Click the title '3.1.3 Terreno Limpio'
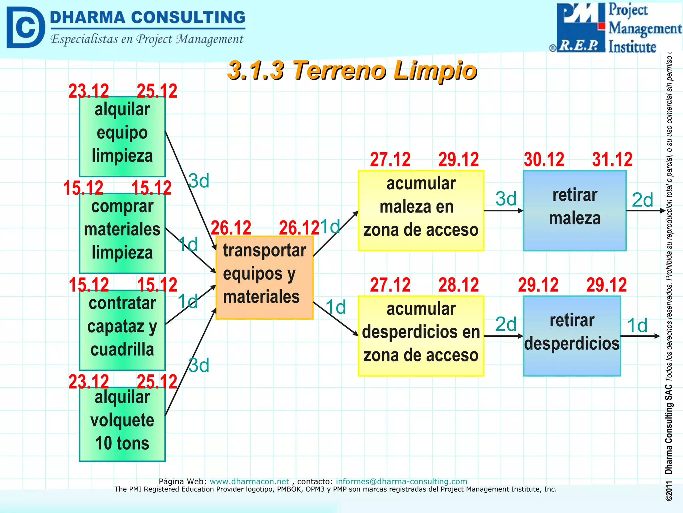352,70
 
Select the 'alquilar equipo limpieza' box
122,136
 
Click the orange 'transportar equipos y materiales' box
264,277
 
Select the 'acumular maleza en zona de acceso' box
421,210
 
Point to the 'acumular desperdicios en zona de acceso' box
421,336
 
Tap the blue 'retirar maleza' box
574,210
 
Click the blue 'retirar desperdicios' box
572,336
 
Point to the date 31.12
612,159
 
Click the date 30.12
544,159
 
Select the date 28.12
459,285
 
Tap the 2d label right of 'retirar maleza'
642,200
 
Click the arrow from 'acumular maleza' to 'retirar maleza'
503,211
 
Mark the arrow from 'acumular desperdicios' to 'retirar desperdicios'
503,336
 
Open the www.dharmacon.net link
249,481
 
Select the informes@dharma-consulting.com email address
401,481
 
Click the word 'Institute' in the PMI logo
632,47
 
